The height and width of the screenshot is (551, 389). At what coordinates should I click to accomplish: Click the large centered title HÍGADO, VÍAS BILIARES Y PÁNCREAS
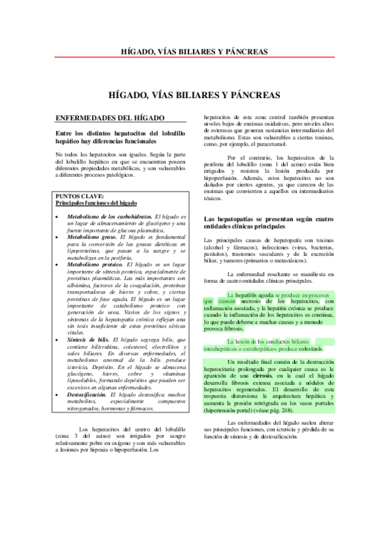[x=194, y=94]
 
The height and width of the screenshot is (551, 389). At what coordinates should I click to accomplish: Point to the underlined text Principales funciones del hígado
[x=96, y=203]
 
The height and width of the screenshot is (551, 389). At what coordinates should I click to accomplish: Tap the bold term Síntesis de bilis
[x=88, y=339]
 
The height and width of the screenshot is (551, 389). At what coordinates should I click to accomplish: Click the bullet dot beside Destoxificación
[x=59, y=394]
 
